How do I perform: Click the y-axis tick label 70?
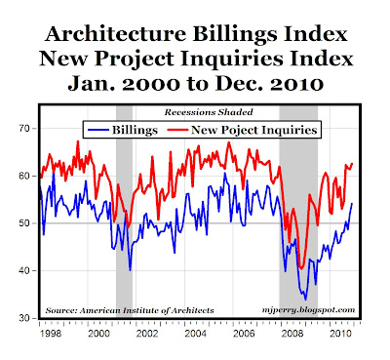tap(22, 129)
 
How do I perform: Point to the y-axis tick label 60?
tap(22, 176)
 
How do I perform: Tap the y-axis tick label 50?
tap(22, 223)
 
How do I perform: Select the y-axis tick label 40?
tap(22, 270)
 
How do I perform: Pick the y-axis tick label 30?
tap(22, 318)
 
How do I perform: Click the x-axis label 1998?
tap(52, 334)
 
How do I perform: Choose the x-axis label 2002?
tap(147, 334)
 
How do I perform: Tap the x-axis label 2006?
tap(244, 334)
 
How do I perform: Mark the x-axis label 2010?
tap(340, 334)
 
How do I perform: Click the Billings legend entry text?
tap(135, 131)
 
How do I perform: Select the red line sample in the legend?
tap(177, 130)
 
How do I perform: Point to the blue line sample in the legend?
tap(98, 130)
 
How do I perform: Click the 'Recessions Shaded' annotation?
tap(209, 112)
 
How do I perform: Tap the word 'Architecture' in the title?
tap(116, 34)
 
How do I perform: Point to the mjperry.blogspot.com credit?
tap(308, 310)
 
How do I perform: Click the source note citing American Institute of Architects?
tap(130, 310)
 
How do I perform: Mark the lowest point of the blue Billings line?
tap(305, 300)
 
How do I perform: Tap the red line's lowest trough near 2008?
tap(301, 268)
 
